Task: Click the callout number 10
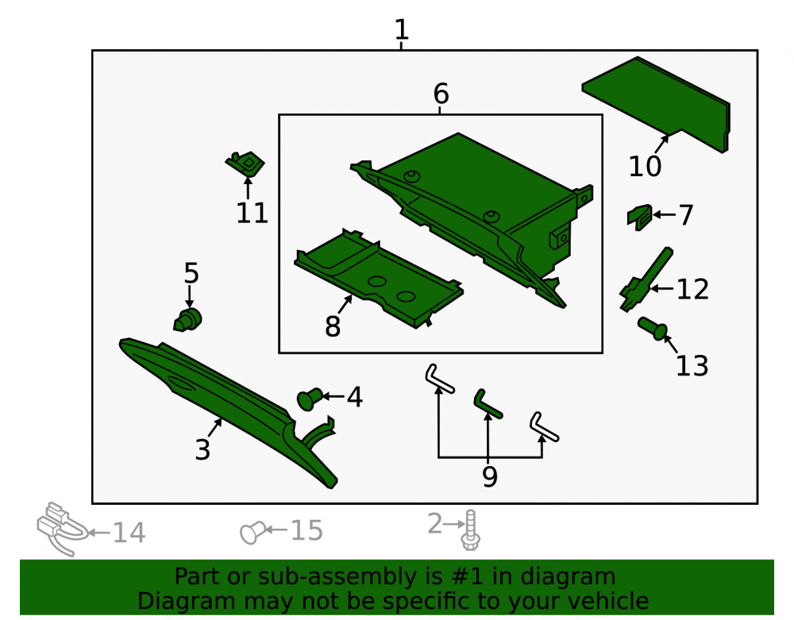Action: [x=645, y=166]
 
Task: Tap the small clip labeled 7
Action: [x=639, y=218]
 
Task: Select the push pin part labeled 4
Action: [x=310, y=399]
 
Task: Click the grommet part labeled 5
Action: [x=188, y=320]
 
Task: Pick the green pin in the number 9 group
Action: [x=488, y=404]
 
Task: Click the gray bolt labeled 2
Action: [x=470, y=530]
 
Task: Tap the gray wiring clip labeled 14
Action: [x=62, y=529]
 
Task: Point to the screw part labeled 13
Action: [x=653, y=328]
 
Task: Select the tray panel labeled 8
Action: [x=378, y=278]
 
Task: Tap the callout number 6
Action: [x=441, y=94]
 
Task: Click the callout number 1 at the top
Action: [x=402, y=29]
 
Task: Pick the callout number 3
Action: [x=202, y=449]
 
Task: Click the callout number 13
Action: [x=692, y=365]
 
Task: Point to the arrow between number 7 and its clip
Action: [x=665, y=214]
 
